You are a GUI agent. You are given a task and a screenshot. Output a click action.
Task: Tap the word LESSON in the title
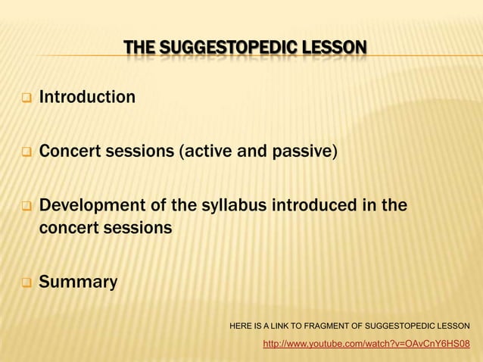pos(334,51)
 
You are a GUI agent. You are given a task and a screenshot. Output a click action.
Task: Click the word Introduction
pos(87,97)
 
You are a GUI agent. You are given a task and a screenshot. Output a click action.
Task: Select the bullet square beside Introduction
pos(25,98)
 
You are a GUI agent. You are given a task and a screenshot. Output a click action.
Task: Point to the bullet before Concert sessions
pos(25,152)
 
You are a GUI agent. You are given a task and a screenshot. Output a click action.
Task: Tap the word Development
pos(89,206)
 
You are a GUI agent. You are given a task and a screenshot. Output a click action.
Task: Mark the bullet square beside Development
pos(25,207)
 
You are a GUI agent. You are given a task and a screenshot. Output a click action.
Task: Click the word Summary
pos(78,282)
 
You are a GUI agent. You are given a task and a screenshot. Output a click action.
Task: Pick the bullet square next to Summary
pos(25,283)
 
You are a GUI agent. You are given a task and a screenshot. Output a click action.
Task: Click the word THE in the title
pos(139,51)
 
